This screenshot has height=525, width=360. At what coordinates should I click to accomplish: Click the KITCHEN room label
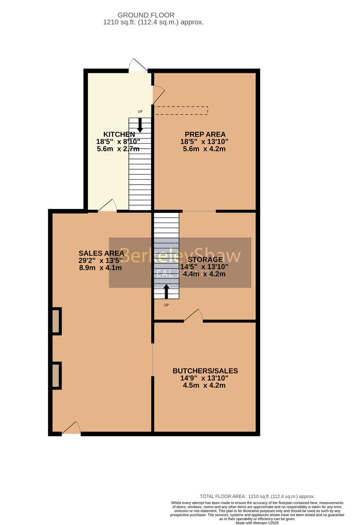(119, 134)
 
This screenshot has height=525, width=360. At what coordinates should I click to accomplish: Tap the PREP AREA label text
(205, 134)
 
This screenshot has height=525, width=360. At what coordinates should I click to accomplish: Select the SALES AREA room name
(100, 253)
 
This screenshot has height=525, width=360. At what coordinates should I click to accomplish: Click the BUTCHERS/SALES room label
(205, 371)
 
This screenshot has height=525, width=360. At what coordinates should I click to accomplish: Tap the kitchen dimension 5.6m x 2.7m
(118, 149)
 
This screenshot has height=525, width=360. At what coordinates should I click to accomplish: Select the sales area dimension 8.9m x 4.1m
(100, 267)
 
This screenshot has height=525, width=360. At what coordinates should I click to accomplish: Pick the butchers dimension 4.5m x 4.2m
(204, 385)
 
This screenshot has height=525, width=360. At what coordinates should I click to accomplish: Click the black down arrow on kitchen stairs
(140, 125)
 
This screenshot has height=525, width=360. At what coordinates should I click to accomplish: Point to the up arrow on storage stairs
(166, 291)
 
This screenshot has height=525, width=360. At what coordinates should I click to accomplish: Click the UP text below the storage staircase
(166, 305)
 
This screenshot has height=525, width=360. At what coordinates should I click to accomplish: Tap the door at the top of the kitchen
(138, 66)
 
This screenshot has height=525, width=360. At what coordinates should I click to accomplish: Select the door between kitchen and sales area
(107, 206)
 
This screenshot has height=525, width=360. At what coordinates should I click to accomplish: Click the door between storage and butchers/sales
(193, 315)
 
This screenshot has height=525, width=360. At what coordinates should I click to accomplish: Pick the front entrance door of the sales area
(71, 428)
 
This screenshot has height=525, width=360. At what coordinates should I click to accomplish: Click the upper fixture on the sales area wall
(56, 321)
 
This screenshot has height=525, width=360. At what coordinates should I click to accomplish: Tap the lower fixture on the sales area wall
(56, 375)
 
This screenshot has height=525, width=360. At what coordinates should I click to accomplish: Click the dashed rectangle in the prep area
(181, 110)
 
